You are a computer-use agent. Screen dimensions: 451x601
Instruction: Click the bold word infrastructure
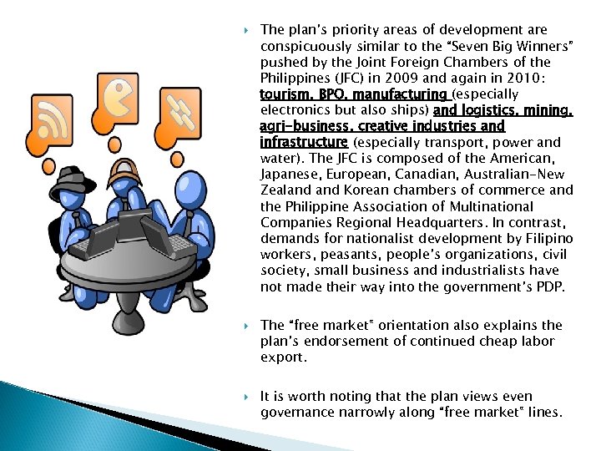click(x=303, y=143)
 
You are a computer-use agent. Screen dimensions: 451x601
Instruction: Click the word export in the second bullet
click(x=282, y=357)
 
